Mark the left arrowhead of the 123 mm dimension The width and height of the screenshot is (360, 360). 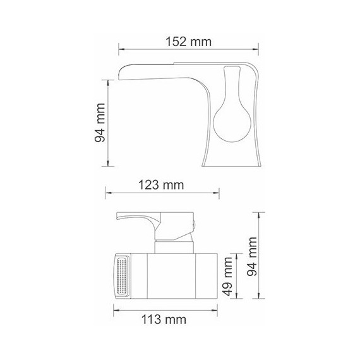pos(107,195)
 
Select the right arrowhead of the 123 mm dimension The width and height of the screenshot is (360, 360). pos(217,195)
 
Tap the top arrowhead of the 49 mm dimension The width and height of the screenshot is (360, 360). pos(236,253)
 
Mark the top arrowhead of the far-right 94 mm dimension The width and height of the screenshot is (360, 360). pos(260,213)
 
